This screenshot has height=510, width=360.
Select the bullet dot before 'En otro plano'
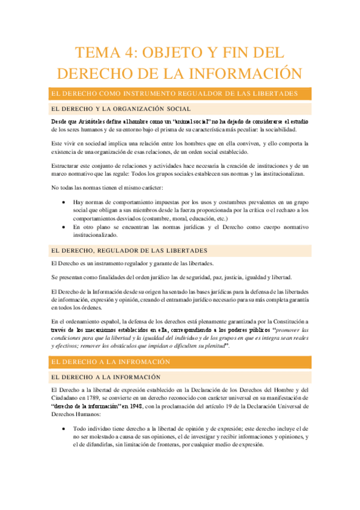coord(64,227)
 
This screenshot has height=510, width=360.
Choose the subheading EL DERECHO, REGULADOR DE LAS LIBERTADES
coord(129,250)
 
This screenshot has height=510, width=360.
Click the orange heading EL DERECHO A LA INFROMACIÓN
coord(111,362)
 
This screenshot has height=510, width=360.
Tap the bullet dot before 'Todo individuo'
coord(64,428)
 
